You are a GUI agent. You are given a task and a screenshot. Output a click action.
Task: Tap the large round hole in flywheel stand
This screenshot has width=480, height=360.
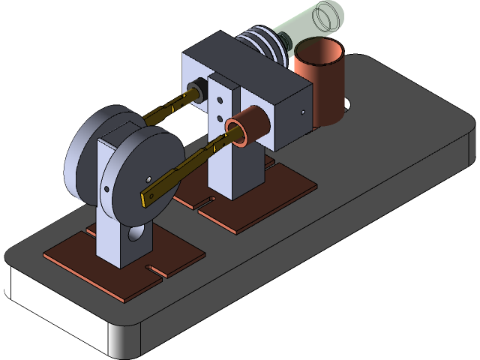coord(136,234)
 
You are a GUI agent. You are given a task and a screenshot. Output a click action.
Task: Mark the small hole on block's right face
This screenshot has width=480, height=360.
coord(303,113)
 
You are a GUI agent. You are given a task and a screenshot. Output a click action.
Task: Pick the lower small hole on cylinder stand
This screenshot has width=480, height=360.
coord(219,118)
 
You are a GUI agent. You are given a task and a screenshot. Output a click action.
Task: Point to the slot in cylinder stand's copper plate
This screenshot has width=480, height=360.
coord(204,201)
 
